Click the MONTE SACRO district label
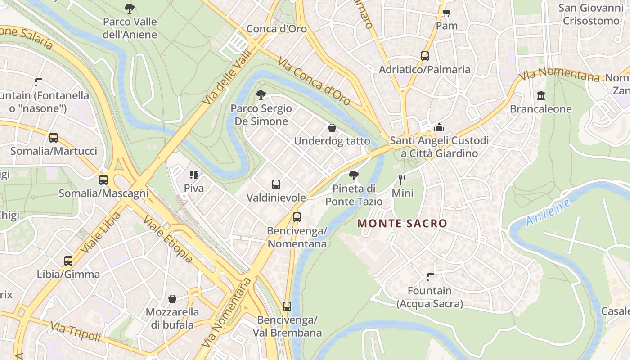click(402, 223)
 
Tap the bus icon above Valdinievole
click(276, 184)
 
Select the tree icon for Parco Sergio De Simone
click(261, 94)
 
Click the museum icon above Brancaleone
click(540, 96)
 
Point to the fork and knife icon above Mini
click(402, 180)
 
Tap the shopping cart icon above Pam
click(446, 13)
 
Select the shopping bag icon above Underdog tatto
click(332, 128)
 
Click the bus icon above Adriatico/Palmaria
click(424, 56)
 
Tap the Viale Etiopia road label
click(168, 239)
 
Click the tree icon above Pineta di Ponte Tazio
click(354, 175)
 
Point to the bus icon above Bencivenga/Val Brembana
click(287, 306)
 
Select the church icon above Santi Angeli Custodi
click(439, 127)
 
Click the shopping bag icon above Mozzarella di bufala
click(172, 299)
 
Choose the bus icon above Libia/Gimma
click(68, 261)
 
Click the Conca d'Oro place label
click(276, 29)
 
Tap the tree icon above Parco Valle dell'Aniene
click(130, 8)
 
